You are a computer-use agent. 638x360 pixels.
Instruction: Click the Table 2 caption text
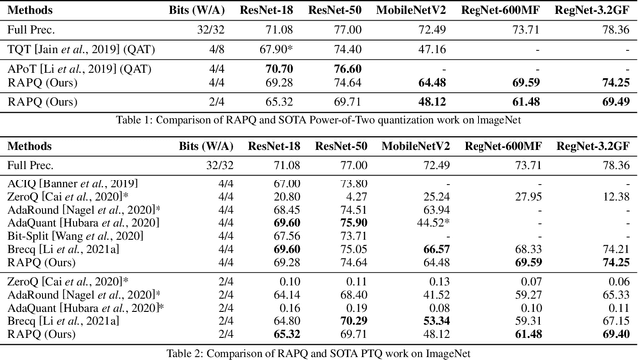[319, 352]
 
